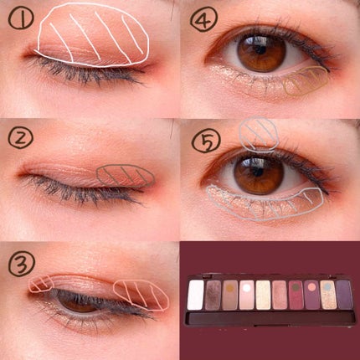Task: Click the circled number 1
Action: pyautogui.click(x=21, y=18)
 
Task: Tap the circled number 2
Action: pyautogui.click(x=20, y=139)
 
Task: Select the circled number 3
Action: pyautogui.click(x=22, y=264)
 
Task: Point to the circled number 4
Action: pyautogui.click(x=203, y=19)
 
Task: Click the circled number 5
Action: pyautogui.click(x=206, y=139)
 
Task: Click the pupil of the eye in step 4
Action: pyautogui.click(x=261, y=49)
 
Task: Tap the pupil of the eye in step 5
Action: pyautogui.click(x=258, y=171)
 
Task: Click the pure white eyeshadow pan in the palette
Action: pyautogui.click(x=196, y=295)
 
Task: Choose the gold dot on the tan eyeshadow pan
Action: pyautogui.click(x=230, y=287)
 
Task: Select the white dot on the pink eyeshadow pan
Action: pyautogui.click(x=246, y=287)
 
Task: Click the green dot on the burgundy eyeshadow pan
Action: pyautogui.click(x=295, y=286)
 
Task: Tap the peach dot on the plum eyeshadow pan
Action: pyautogui.click(x=311, y=286)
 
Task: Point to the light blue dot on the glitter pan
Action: pyautogui.click(x=327, y=286)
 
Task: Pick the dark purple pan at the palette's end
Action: pyautogui.click(x=344, y=294)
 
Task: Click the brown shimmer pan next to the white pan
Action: pyautogui.click(x=213, y=295)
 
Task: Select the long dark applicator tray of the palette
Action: pyautogui.click(x=271, y=318)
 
